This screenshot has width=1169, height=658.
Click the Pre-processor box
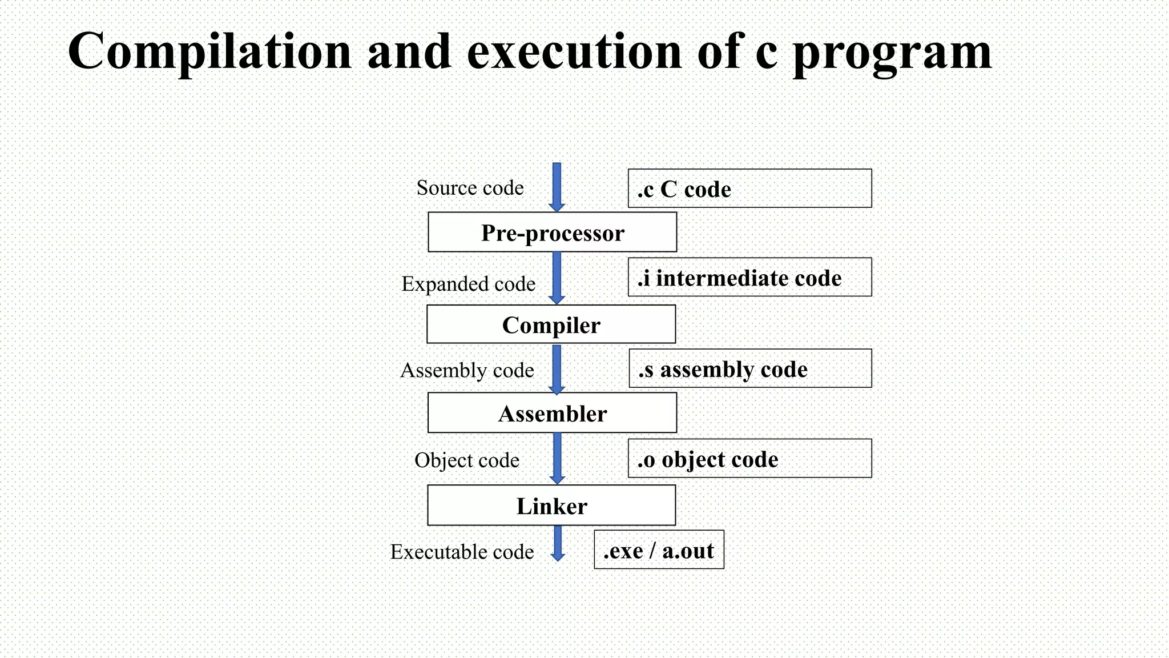553,232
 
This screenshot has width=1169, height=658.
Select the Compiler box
551,324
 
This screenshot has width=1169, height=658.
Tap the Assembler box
553,413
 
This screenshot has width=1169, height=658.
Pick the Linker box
551,505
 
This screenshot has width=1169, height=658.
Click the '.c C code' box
749,188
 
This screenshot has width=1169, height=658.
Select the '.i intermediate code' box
749,278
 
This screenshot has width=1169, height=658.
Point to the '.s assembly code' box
750,369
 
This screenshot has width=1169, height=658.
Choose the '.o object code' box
749,459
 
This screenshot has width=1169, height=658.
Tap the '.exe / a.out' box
659,550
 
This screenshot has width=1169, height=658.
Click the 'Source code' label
470,188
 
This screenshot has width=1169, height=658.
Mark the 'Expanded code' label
469,284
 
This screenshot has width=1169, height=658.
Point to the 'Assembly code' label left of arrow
467,370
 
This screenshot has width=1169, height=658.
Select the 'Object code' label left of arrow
467,460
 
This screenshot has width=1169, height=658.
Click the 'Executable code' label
462,552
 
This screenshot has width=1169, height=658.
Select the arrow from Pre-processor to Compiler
557,278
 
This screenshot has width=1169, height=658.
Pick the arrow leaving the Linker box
558,543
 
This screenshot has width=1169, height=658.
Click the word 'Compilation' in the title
209,51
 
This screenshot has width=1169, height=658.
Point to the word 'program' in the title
892,53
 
